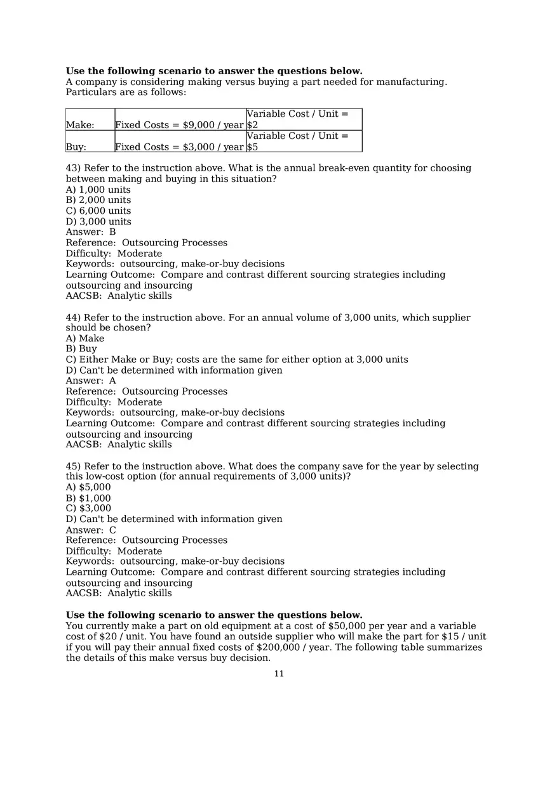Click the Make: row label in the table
coord(80,126)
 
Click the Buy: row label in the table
coord(76,147)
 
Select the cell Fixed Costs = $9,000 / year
coord(179,126)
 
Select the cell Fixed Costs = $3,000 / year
coord(179,147)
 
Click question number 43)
coord(73,168)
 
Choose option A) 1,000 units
coord(98,190)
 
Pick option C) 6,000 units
coord(98,211)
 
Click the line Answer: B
coord(91,232)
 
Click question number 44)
coord(73,317)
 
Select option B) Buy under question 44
coord(81,349)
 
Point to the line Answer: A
coord(91,381)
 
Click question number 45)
coord(73,466)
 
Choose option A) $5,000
coord(88,487)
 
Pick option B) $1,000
coord(88,498)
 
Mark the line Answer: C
coord(91,530)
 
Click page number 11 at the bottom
coord(279,674)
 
